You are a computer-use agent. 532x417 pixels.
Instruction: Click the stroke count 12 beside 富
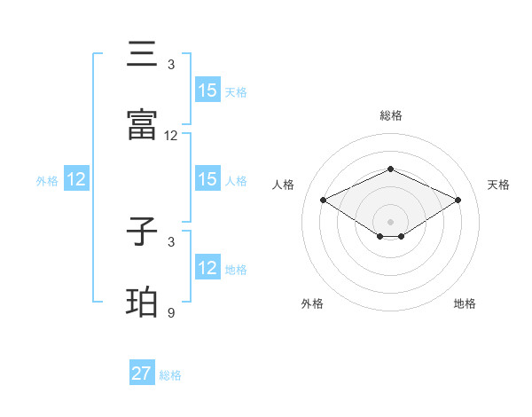(171, 136)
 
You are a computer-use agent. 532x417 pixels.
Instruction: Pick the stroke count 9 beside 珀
(171, 312)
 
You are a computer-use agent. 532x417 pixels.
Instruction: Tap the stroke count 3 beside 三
(171, 64)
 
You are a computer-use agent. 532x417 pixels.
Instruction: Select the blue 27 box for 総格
(142, 374)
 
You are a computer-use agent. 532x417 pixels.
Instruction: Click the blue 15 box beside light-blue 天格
(207, 90)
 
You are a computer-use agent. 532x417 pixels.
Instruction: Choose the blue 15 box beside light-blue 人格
(207, 179)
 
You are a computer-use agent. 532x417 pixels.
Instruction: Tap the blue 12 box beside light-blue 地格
(207, 268)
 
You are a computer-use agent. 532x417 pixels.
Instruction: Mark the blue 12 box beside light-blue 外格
(76, 179)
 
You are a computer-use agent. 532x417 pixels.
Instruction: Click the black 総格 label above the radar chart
(390, 115)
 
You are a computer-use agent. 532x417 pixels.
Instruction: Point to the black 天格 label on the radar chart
(498, 185)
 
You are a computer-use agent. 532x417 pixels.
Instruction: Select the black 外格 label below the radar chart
(312, 303)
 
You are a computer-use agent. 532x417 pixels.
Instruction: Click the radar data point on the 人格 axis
(323, 201)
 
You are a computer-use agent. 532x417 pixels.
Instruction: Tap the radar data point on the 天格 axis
(458, 201)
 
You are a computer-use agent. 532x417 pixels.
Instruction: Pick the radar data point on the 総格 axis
(390, 169)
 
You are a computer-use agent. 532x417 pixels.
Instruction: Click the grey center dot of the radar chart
(390, 221)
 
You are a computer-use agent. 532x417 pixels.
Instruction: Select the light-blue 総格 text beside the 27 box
(170, 375)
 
